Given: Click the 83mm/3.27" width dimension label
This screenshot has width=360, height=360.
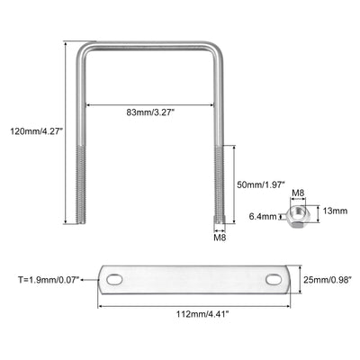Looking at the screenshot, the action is coord(150,112).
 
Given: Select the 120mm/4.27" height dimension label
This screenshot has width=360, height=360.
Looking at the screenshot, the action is coord(37,131).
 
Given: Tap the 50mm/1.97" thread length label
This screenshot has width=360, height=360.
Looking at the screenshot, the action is coord(260,184).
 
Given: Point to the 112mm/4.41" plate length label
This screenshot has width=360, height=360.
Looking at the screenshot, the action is coord(203,314).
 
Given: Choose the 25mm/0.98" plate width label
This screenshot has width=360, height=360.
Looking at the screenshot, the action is coord(328,280).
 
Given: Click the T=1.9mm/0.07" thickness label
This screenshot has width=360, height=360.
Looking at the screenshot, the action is coord(49,280).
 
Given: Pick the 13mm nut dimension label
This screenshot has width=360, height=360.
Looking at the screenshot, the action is coord(335,211).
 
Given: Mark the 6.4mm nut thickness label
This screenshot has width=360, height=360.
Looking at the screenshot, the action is coord(263,216).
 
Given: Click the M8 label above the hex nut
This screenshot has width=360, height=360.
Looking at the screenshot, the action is coord(298,193).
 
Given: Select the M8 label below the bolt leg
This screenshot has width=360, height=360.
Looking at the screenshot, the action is coord(220,238).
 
